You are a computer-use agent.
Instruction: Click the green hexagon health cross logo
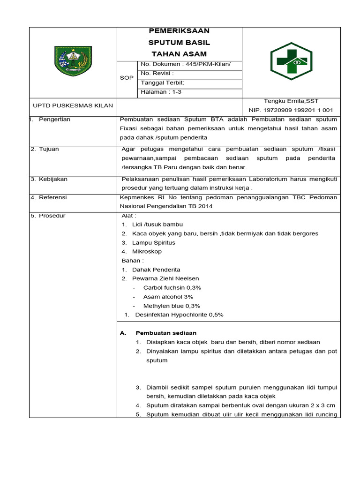pos(291,61)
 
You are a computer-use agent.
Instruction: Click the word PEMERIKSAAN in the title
pos(179,31)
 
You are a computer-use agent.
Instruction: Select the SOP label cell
pos(127,78)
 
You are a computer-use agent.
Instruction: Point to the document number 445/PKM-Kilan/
pos(185,65)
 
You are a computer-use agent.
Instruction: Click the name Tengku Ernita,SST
pos(291,101)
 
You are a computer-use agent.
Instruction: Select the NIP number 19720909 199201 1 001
pos(291,110)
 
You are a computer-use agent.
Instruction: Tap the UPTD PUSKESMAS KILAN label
pos(72,105)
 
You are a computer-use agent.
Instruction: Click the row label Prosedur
pos(52,216)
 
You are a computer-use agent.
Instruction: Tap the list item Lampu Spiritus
pos(153,243)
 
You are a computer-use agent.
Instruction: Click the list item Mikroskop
pos(147,252)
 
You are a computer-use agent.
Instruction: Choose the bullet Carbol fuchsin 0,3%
pos(172,288)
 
